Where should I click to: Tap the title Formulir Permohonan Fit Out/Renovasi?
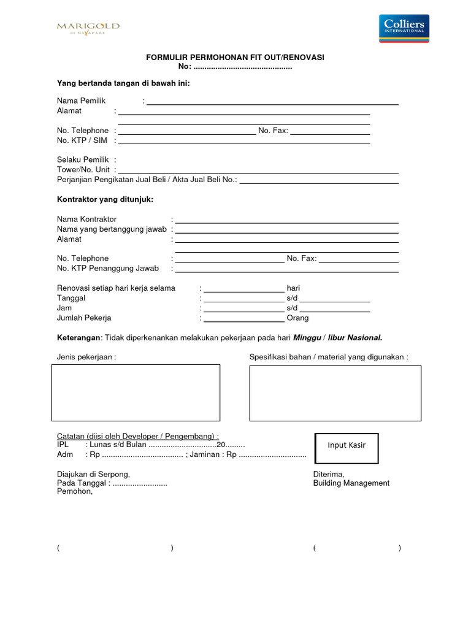point(235,58)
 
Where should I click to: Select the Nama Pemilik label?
point(82,101)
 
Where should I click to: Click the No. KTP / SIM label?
point(82,140)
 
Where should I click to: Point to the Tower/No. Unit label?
point(83,169)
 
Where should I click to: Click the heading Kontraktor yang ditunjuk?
point(105,199)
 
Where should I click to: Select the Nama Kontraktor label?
point(86,219)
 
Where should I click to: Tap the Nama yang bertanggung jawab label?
point(112,229)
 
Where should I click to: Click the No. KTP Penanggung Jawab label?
point(108,268)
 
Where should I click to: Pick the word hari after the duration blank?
point(293,288)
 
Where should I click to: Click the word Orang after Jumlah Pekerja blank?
point(297,318)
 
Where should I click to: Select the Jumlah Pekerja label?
point(84,318)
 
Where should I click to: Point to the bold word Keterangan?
point(78,337)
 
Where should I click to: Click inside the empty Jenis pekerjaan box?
point(135,392)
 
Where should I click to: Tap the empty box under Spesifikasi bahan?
point(335,393)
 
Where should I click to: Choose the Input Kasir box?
point(347,445)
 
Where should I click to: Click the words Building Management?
point(351,483)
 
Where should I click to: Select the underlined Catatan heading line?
point(137,435)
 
